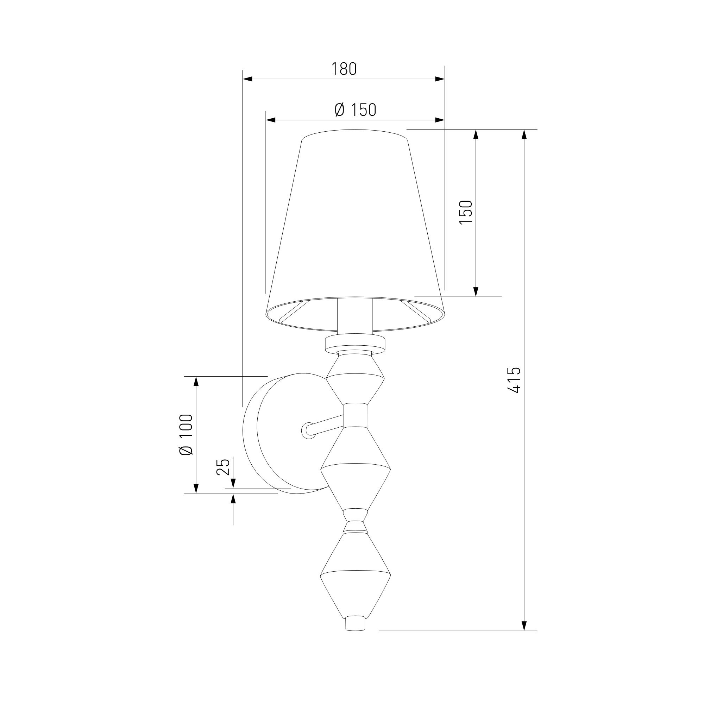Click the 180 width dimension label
click(344, 69)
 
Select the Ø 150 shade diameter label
click(355, 110)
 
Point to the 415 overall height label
click(514, 380)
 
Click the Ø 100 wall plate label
click(186, 435)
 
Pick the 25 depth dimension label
click(223, 467)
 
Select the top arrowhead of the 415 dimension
click(524, 134)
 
